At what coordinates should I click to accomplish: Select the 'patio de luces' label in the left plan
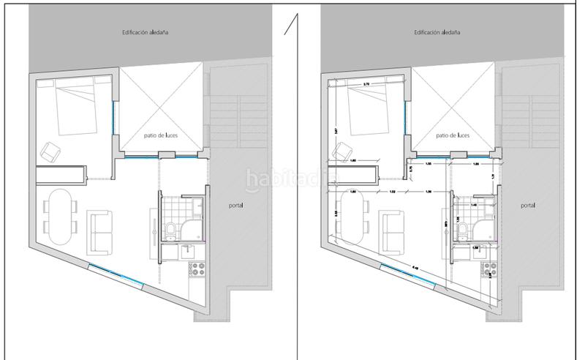point(161,136)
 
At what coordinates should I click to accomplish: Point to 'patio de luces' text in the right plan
point(453,136)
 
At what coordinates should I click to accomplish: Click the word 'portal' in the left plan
point(235,206)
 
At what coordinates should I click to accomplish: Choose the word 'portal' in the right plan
point(528,206)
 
